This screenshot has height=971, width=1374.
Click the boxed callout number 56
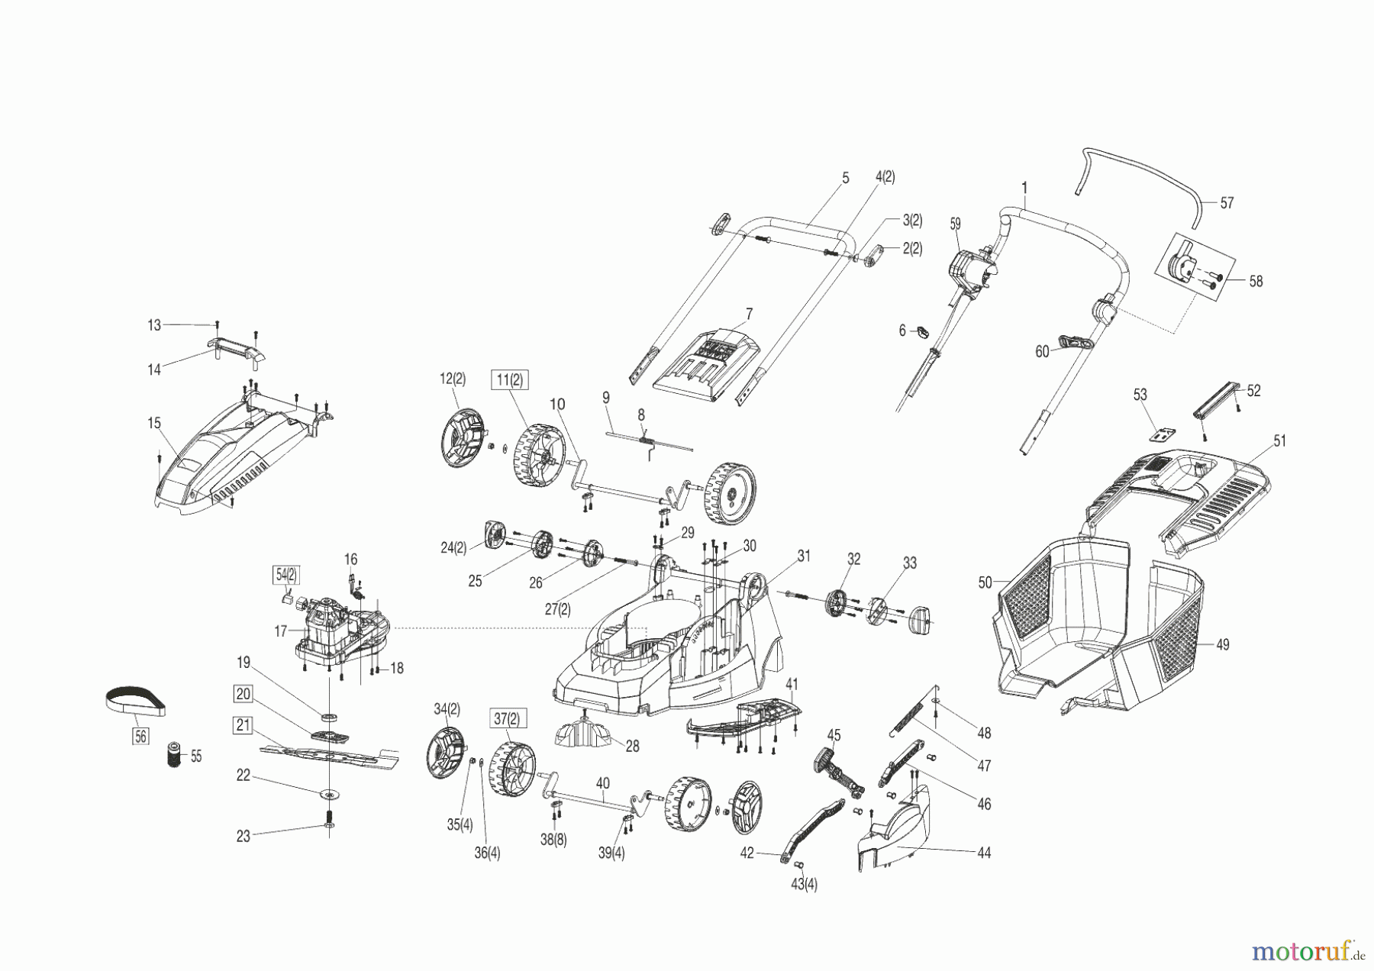point(140,736)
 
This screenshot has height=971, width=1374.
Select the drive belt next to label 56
point(134,701)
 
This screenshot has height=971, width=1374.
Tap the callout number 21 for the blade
point(243,725)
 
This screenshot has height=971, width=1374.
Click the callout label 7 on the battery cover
point(749,314)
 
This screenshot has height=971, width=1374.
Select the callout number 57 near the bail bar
point(1227,203)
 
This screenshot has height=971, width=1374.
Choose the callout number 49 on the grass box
point(1222,645)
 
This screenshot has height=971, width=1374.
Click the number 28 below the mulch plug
point(632,747)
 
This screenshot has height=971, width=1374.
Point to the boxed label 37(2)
point(506,718)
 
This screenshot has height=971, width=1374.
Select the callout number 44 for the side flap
point(984,853)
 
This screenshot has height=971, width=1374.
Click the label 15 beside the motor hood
point(154,423)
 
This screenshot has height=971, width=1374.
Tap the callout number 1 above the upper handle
point(1024,187)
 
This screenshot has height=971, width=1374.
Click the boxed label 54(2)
point(286,574)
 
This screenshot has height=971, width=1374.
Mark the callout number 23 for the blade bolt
point(243,836)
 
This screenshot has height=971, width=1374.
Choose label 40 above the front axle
point(603,783)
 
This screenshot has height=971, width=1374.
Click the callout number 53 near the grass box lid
point(1140,395)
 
